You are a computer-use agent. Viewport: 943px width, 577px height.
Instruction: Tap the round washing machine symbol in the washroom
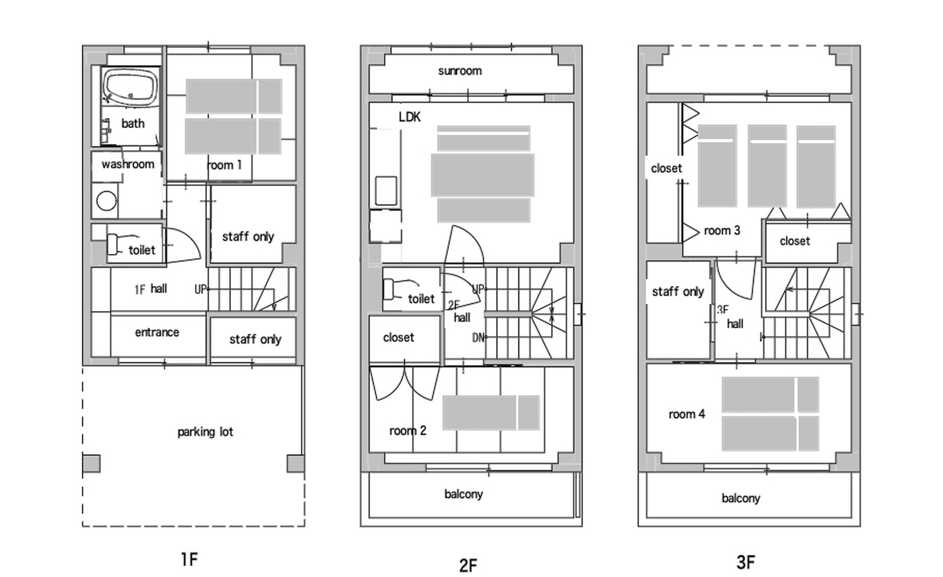(x=106, y=201)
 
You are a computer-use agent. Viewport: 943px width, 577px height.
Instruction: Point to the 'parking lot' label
(x=205, y=432)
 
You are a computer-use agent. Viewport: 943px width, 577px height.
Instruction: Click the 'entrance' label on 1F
(x=157, y=332)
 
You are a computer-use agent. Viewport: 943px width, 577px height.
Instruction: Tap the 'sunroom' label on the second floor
(x=460, y=71)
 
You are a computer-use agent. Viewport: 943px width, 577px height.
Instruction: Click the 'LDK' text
(x=409, y=117)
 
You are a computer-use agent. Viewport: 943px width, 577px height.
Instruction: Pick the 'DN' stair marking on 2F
(x=478, y=338)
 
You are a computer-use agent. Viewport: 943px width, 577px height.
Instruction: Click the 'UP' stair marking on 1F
(x=201, y=289)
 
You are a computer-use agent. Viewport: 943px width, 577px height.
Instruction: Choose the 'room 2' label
(x=408, y=431)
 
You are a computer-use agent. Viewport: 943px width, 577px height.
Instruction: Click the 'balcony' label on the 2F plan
(x=463, y=494)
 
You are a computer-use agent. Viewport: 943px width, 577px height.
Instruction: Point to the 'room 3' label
(x=721, y=231)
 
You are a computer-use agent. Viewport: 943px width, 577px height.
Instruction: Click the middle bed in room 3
(x=767, y=165)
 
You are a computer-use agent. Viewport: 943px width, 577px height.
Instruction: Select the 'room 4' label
(x=686, y=415)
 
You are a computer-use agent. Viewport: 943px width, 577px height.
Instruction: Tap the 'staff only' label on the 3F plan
(x=677, y=292)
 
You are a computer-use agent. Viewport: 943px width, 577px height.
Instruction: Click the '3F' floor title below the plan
(x=745, y=563)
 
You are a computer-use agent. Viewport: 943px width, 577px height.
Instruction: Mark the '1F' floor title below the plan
(x=189, y=560)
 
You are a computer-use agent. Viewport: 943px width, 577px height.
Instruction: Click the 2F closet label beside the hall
(x=398, y=338)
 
